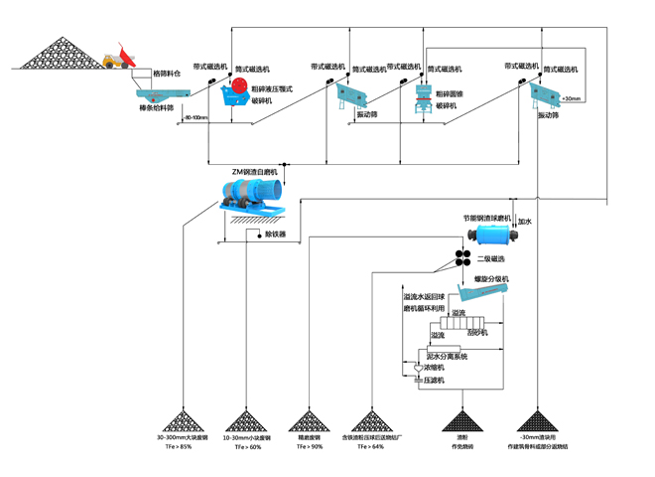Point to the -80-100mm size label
point(194,118)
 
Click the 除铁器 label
point(275,235)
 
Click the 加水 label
point(525,222)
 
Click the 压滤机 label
point(434,381)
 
